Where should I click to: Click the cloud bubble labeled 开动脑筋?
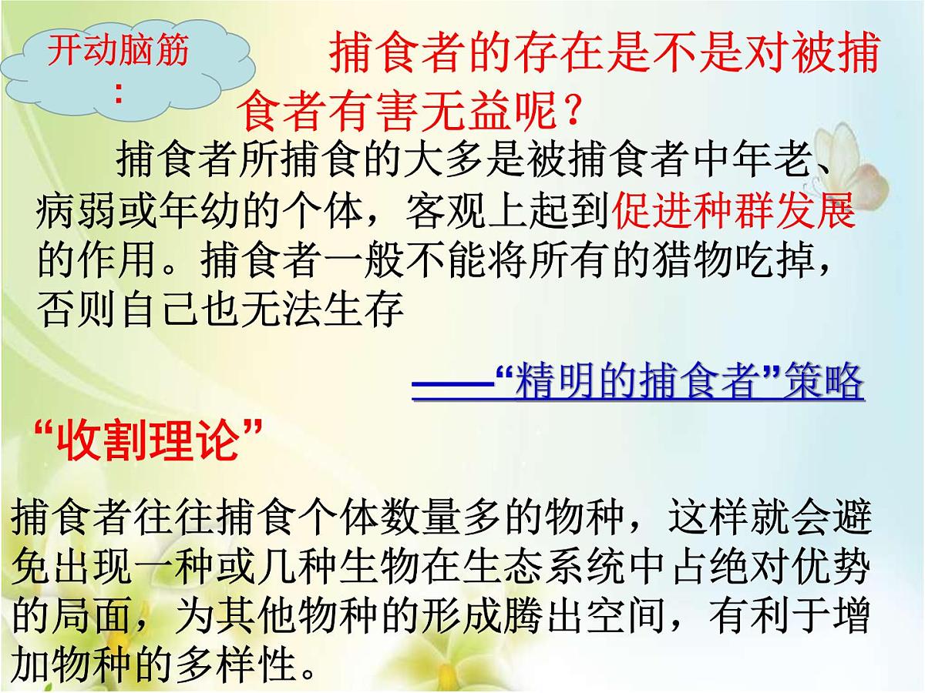point(116,69)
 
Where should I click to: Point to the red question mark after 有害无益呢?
point(569,113)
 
